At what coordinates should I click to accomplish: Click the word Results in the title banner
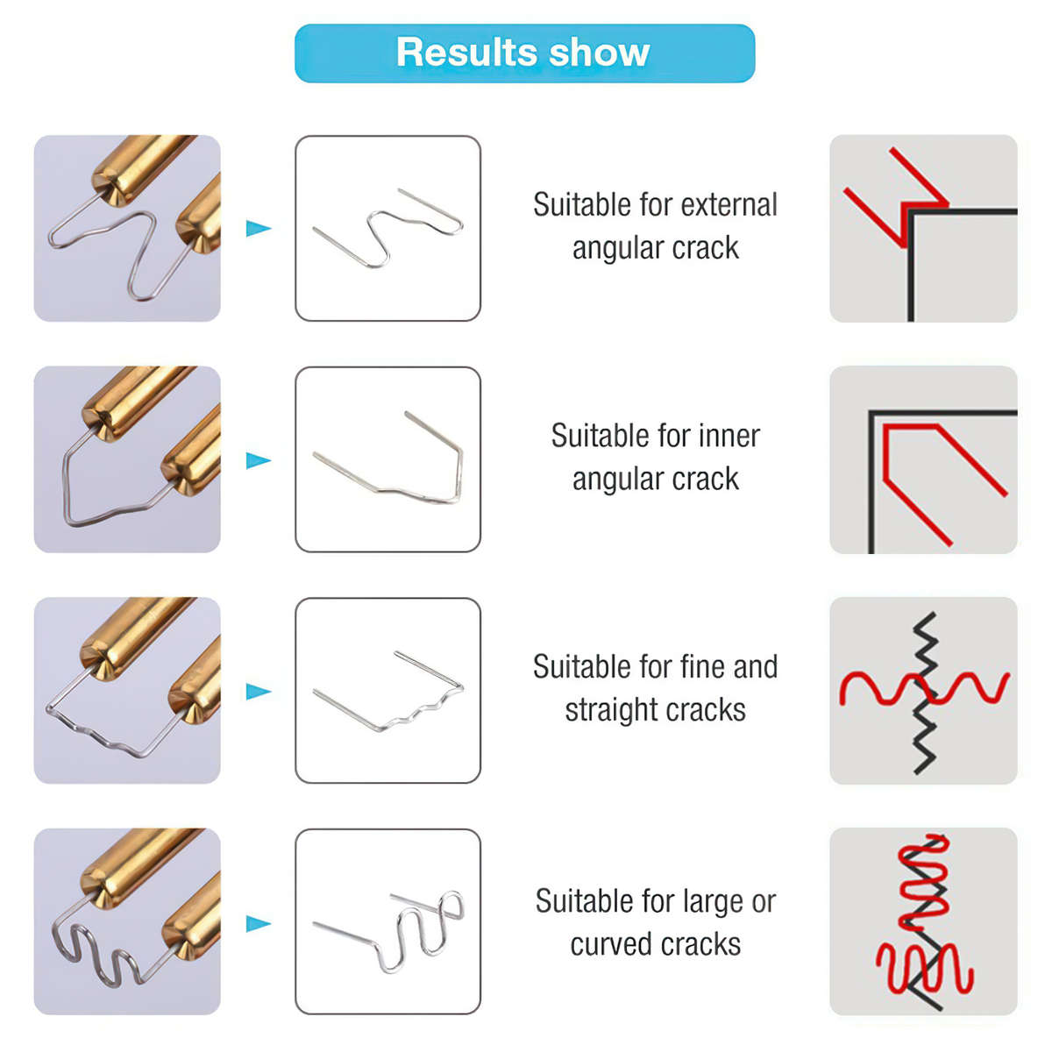point(467,53)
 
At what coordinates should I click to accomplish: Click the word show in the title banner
point(600,53)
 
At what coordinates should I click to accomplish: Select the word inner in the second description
point(728,436)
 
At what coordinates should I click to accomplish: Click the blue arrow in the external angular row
point(259,228)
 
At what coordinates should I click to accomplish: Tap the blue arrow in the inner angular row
point(259,460)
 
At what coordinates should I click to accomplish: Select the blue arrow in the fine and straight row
point(259,691)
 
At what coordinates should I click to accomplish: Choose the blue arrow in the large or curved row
point(259,924)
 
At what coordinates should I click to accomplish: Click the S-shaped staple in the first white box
point(379,226)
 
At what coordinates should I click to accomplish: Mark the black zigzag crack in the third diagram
point(925,693)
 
